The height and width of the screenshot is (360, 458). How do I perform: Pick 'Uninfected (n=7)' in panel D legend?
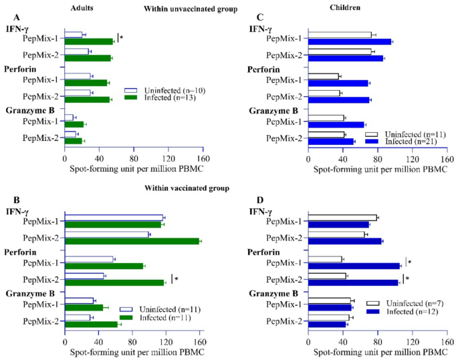pos(413,303)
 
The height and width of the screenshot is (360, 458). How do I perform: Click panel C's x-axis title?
pos(378,167)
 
